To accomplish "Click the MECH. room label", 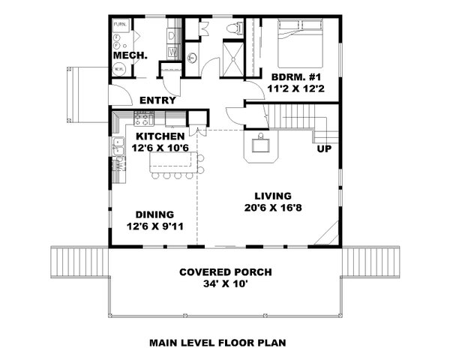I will click(x=130, y=56).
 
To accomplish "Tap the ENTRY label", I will click(x=157, y=100).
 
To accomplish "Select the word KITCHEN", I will click(x=160, y=136).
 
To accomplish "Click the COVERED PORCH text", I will click(x=225, y=272).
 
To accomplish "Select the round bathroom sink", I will click(x=192, y=57).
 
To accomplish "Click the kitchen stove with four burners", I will click(x=144, y=118).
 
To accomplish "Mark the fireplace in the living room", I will click(x=260, y=147).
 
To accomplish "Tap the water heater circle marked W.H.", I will click(x=119, y=69).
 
